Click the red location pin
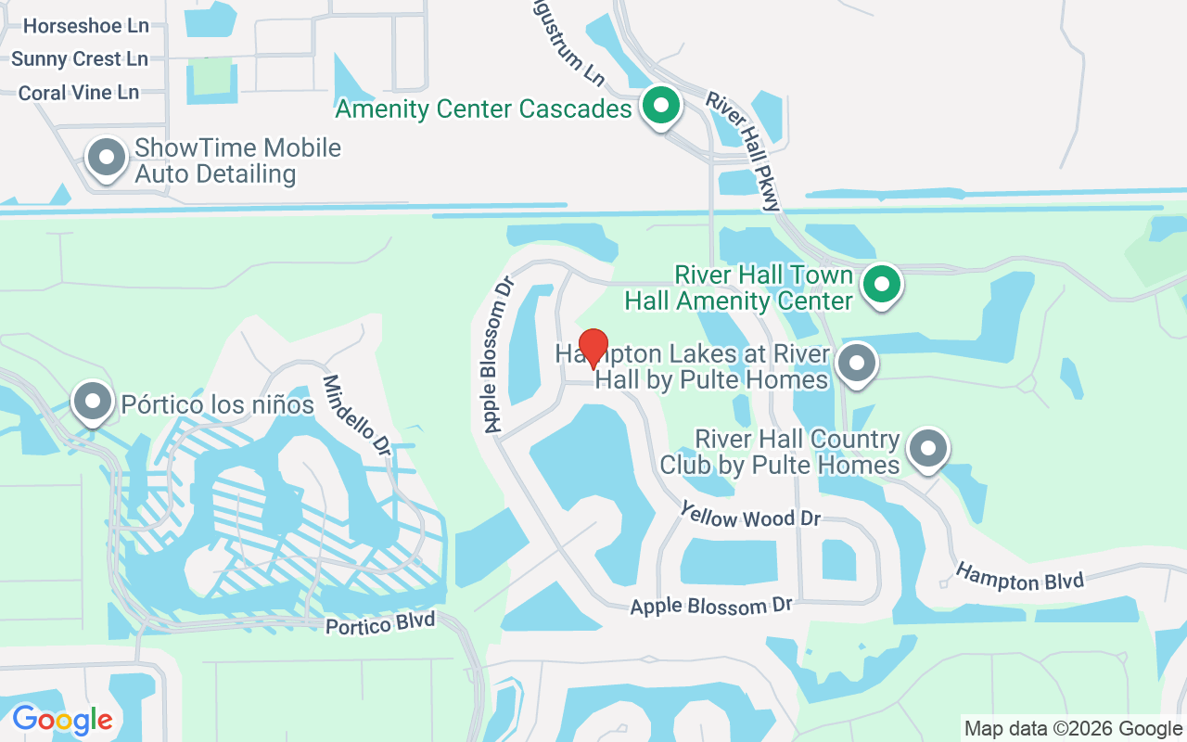[x=593, y=349]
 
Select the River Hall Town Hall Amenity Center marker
[x=882, y=284]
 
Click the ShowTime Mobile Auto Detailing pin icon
[x=107, y=157]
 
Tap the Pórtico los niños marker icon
[x=92, y=402]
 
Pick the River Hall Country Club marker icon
[x=927, y=449]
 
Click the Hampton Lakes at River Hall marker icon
[x=856, y=363]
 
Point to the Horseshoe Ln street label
[x=85, y=26]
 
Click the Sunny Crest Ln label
[x=80, y=59]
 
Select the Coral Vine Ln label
[x=79, y=93]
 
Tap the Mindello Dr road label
[x=357, y=414]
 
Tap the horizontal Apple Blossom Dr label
[x=711, y=606]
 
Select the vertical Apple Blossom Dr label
[x=499, y=354]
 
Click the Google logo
[x=62, y=719]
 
